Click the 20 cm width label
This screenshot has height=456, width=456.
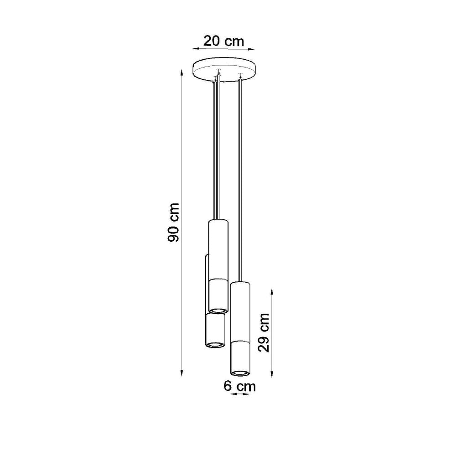223,41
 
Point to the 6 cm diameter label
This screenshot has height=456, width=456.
240,387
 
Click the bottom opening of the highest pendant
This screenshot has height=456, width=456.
218,310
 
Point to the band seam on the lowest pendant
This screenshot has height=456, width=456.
240,341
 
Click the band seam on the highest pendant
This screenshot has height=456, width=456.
218,279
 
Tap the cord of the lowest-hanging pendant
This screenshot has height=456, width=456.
240,182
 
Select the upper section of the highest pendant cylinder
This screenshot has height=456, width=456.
218,249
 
